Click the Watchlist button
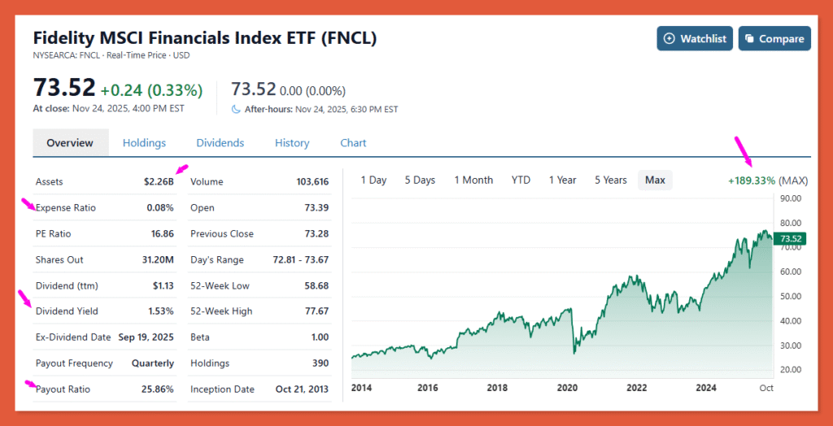click(x=695, y=38)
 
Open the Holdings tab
click(x=144, y=143)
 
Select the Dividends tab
click(x=220, y=143)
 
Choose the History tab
click(x=292, y=143)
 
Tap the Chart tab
click(x=353, y=143)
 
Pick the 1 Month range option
click(x=473, y=180)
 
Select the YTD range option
click(x=521, y=180)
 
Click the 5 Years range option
click(x=610, y=180)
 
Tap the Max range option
click(x=655, y=180)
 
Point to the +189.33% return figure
click(x=751, y=180)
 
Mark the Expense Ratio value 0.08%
click(x=160, y=208)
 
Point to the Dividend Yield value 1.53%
click(x=160, y=311)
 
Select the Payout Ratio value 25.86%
click(x=157, y=389)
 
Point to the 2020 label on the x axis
click(x=567, y=388)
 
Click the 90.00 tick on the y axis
click(x=791, y=198)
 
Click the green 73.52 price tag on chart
click(x=791, y=238)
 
